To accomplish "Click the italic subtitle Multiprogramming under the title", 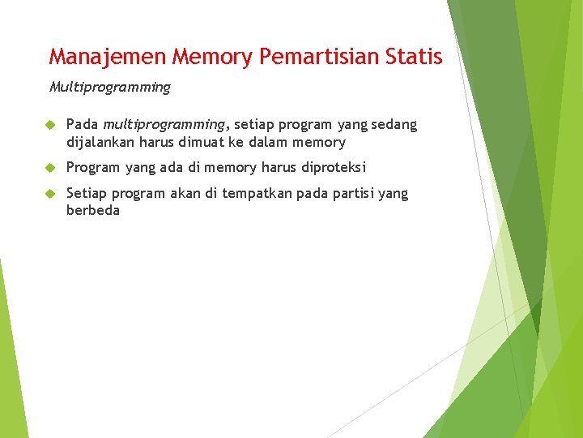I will pyautogui.click(x=110, y=87).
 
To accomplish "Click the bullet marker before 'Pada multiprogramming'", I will pyautogui.click(x=49, y=125).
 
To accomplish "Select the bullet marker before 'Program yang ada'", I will pyautogui.click(x=49, y=168).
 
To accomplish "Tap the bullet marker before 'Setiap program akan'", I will pyautogui.click(x=49, y=194).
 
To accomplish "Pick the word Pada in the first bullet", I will pyautogui.click(x=82, y=125).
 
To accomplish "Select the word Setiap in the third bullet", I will pyautogui.click(x=86, y=194).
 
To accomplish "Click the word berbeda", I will pyautogui.click(x=93, y=211).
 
